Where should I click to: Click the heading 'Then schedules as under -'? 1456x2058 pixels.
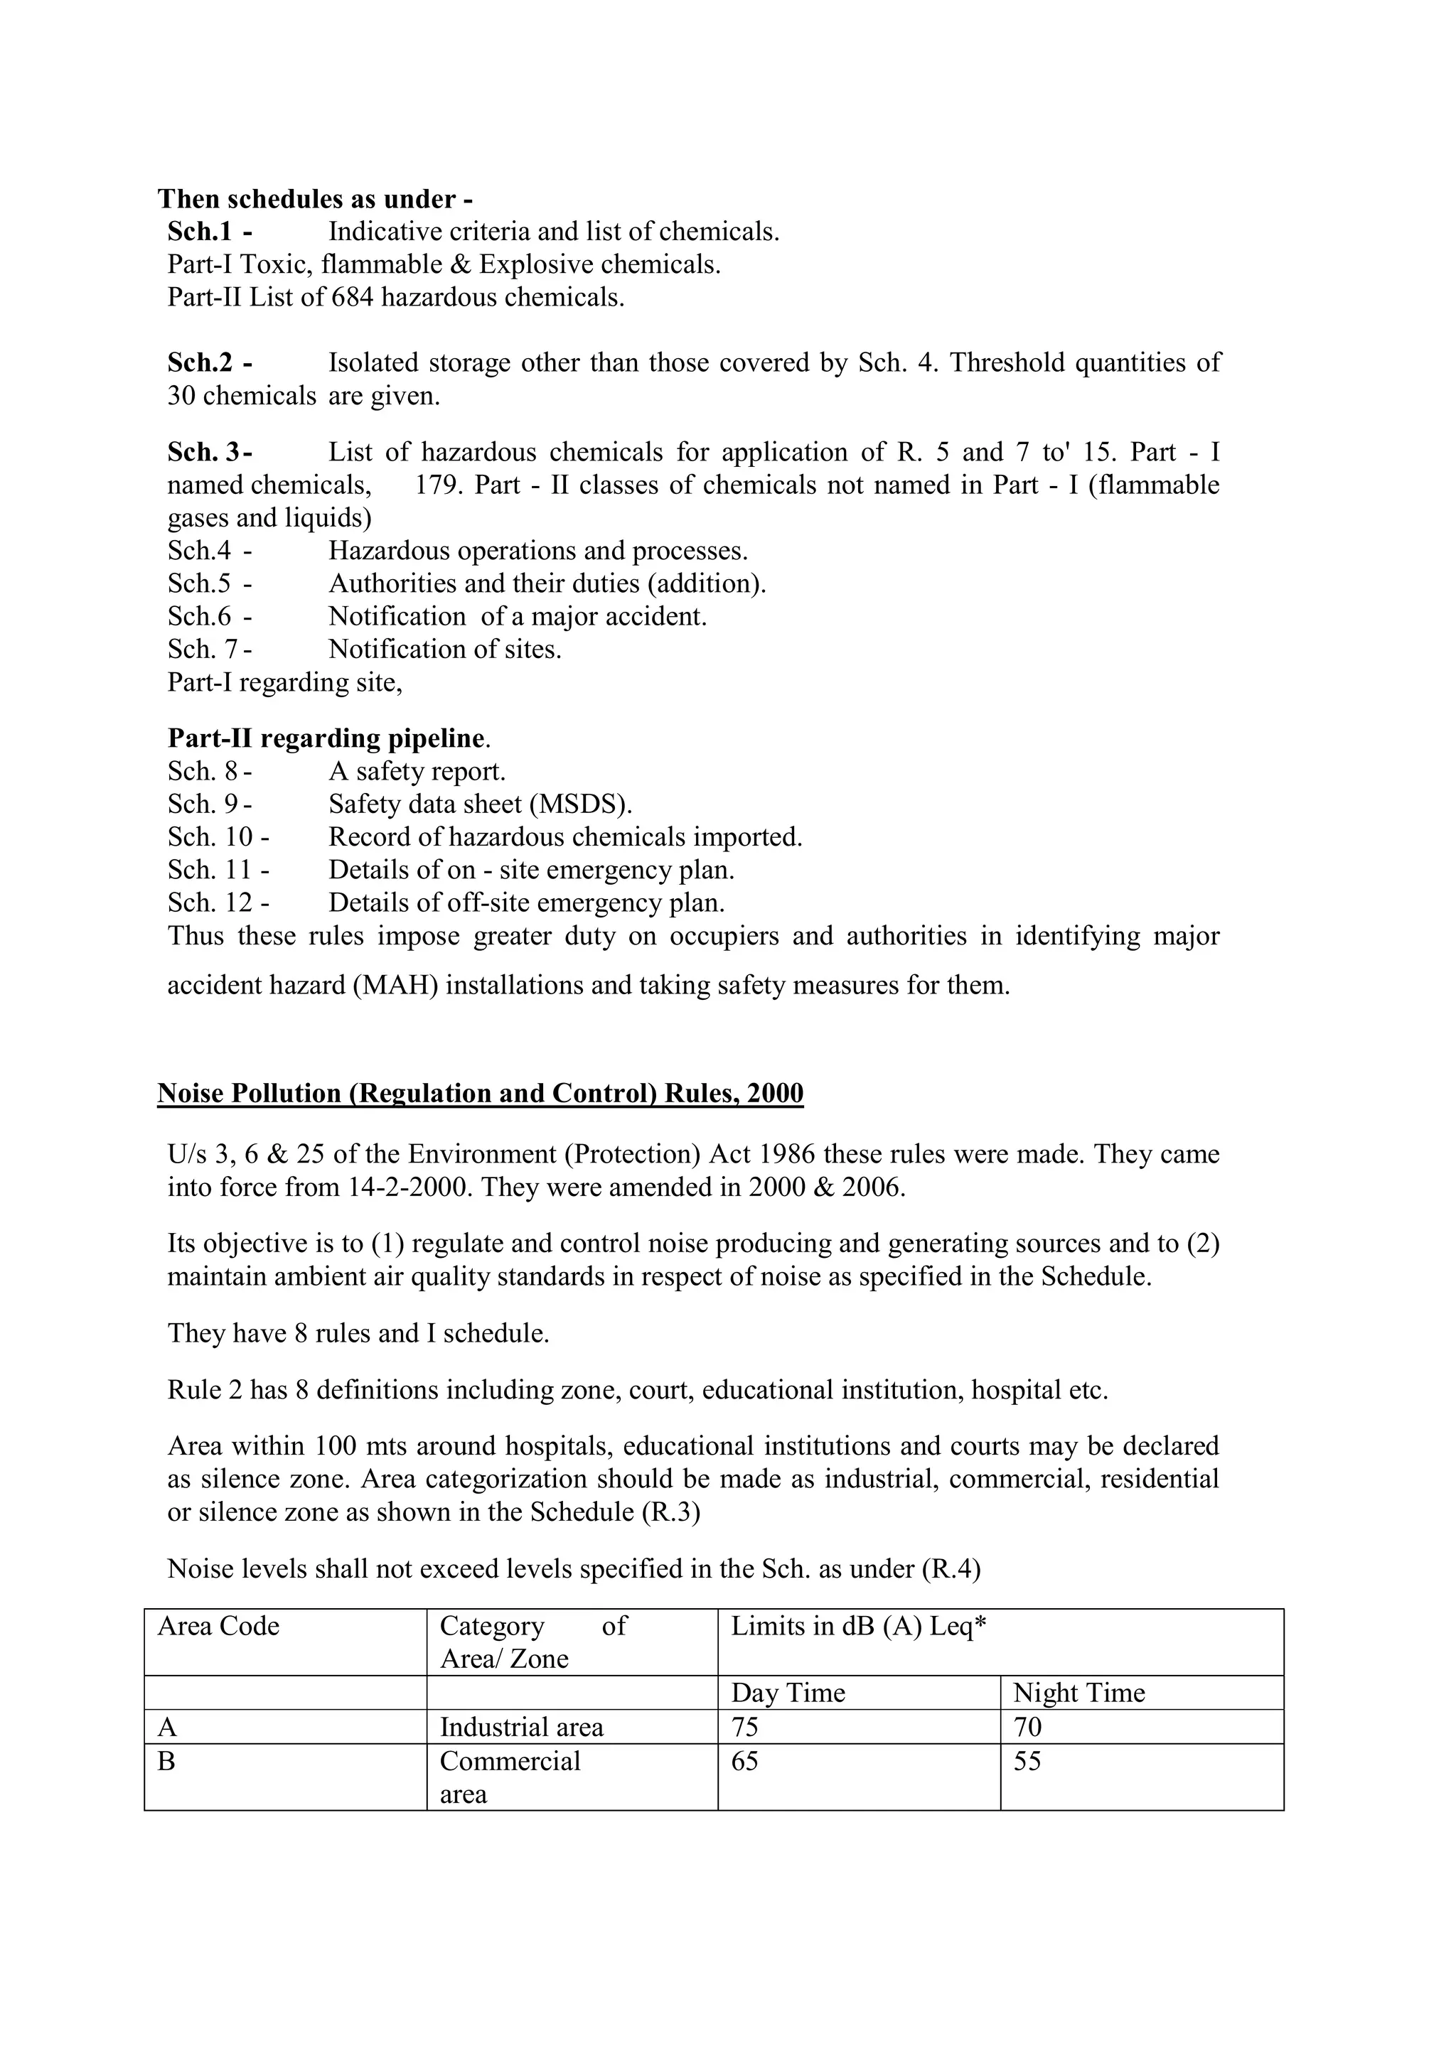315,198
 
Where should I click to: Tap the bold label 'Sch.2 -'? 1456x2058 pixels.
209,362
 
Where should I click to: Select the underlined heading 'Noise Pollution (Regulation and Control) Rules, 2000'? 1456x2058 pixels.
480,1094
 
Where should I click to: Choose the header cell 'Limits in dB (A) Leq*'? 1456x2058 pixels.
858,1626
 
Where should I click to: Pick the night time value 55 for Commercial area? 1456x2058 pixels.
1027,1762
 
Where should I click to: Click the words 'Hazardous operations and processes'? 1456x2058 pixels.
538,550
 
